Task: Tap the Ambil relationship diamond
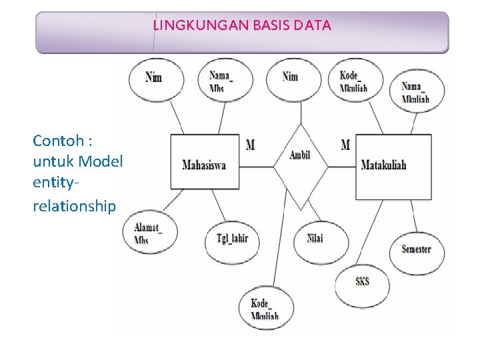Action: (x=300, y=157)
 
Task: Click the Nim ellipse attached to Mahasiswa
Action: (x=153, y=77)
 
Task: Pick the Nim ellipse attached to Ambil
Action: (x=291, y=77)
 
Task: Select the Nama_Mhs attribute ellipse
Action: (x=221, y=81)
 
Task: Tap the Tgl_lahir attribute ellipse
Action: (x=232, y=238)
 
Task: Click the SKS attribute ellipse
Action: (x=362, y=281)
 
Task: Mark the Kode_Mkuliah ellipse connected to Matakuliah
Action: (x=354, y=81)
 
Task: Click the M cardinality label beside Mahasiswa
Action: (x=250, y=145)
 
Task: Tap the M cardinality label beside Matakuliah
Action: (x=345, y=145)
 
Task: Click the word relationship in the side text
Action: (x=74, y=205)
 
